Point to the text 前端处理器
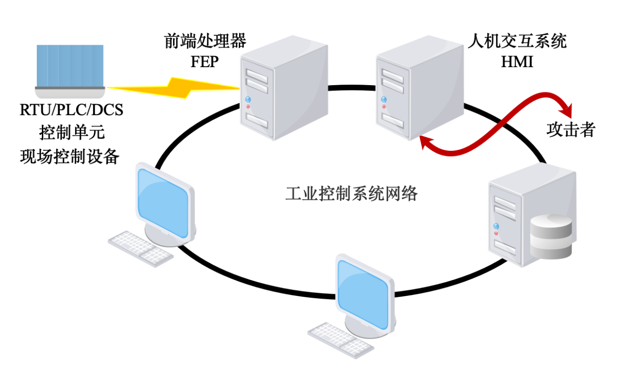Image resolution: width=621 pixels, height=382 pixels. coord(204,41)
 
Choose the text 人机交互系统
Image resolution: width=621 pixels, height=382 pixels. coord(517,41)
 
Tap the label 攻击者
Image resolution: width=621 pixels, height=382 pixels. coord(571,129)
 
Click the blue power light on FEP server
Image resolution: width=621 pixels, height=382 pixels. coord(248,99)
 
